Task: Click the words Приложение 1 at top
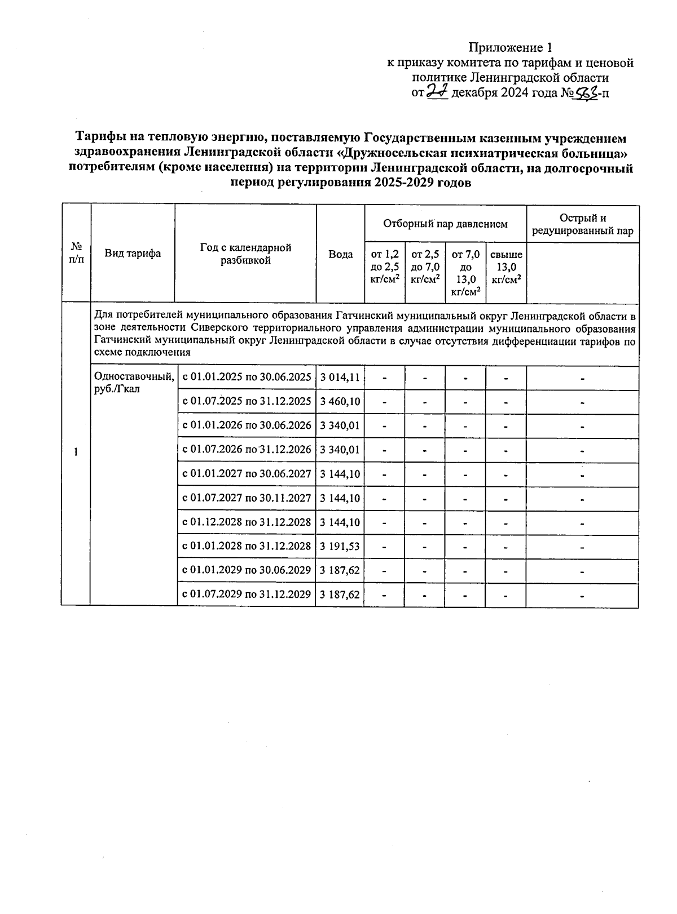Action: (x=509, y=47)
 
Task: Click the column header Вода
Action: (x=340, y=254)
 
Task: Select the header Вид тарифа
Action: (x=133, y=253)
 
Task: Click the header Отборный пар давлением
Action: (x=445, y=224)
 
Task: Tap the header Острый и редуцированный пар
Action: (x=582, y=224)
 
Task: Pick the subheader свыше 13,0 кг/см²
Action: (x=506, y=267)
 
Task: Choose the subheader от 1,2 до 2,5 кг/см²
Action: (x=385, y=267)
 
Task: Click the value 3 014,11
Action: (x=340, y=378)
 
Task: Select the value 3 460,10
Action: (x=340, y=402)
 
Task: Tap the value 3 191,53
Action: (x=340, y=546)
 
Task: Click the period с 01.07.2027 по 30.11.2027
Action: (x=246, y=498)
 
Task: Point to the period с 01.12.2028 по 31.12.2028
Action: (x=246, y=522)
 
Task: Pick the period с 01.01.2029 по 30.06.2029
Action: (x=246, y=570)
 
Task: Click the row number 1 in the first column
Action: (x=76, y=452)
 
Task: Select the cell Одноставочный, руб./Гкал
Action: (x=134, y=382)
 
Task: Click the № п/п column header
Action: (x=76, y=253)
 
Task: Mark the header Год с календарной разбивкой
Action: (x=245, y=254)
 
